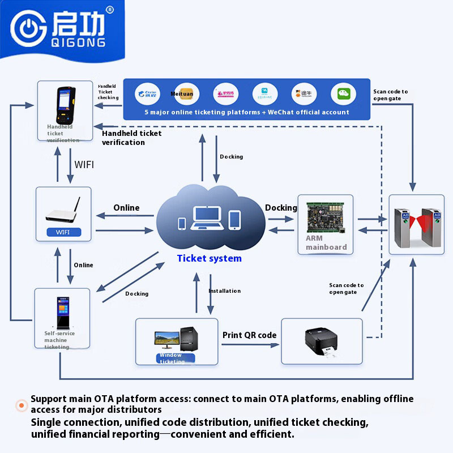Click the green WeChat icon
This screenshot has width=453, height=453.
(343, 94)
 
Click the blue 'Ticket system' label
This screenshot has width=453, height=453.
(209, 259)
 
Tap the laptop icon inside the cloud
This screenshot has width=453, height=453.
(207, 218)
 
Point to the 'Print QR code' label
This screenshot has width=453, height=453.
(249, 335)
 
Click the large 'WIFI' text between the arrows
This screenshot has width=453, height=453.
(84, 165)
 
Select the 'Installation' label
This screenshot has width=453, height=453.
(224, 291)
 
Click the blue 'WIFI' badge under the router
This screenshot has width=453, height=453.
(63, 232)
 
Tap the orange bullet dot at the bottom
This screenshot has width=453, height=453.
(22, 405)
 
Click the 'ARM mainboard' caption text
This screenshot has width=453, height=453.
(326, 243)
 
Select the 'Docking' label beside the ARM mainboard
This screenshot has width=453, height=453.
(281, 208)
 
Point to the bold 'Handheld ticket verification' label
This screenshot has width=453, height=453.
(131, 138)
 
